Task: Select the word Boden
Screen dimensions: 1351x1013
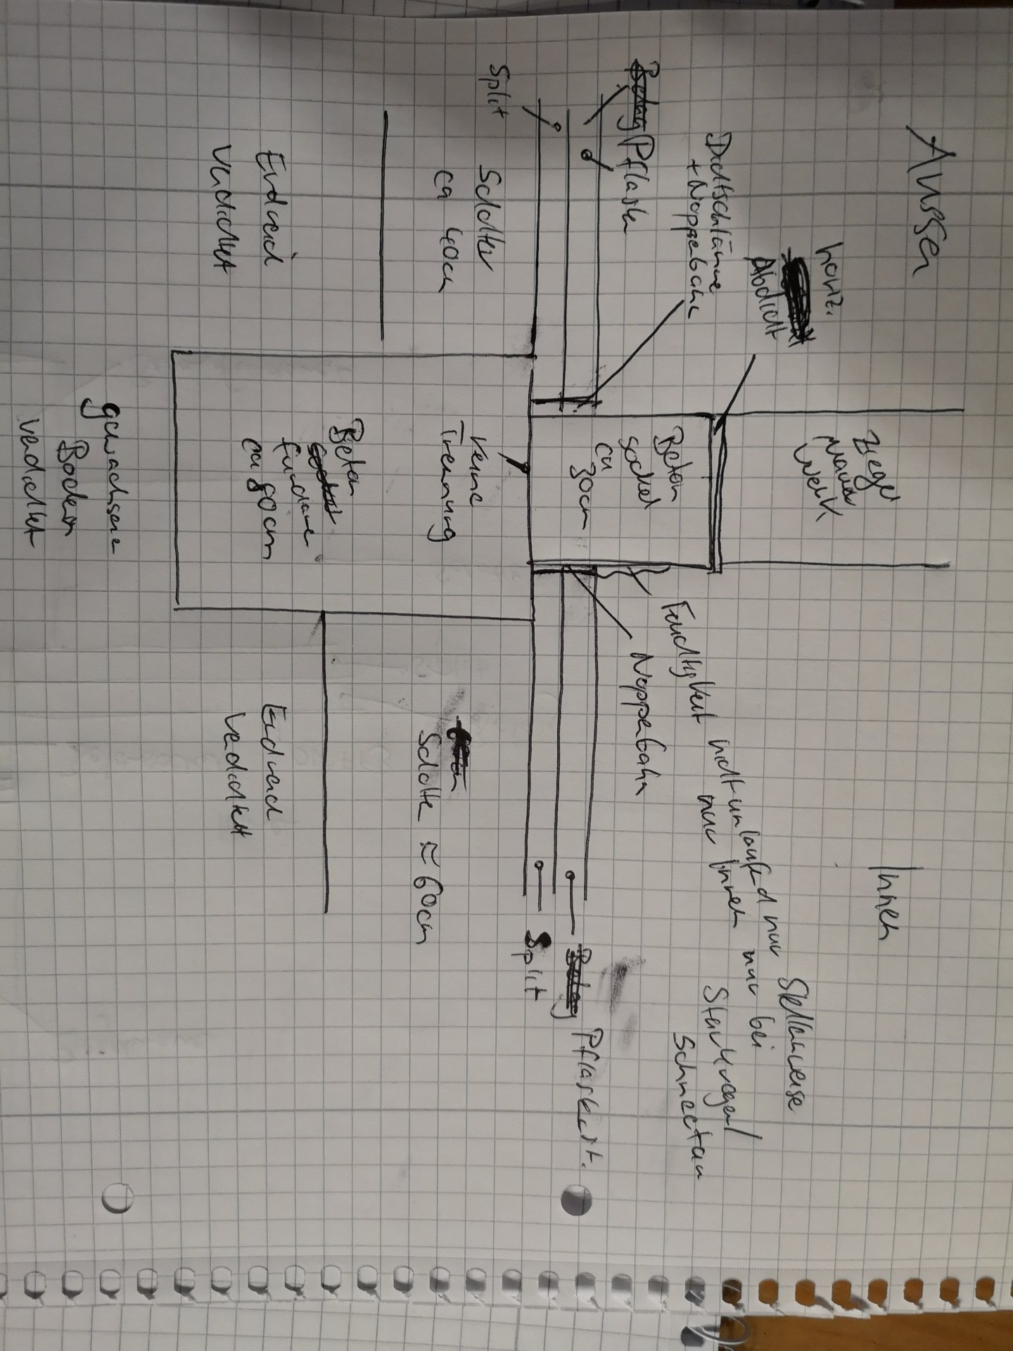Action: (x=70, y=486)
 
